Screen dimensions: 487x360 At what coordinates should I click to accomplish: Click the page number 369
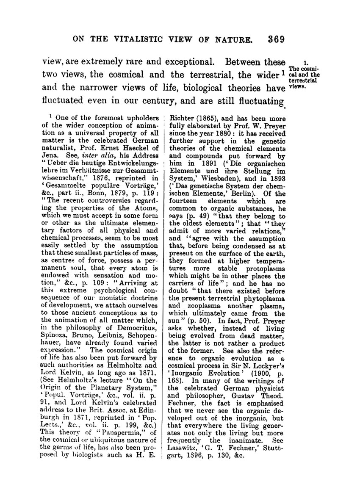click(275, 39)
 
